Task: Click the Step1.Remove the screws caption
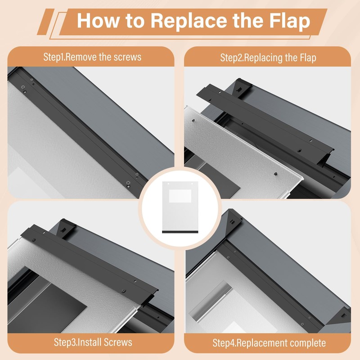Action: (92, 57)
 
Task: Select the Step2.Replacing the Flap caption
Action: (268, 58)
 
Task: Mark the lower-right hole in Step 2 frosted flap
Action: (274, 172)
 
